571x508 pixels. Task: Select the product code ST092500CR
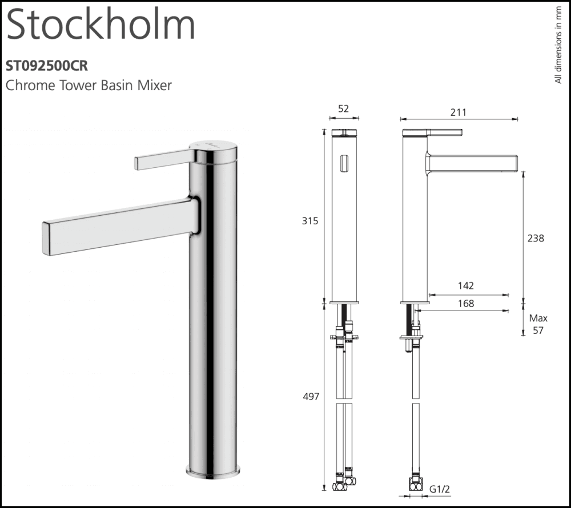tap(47, 66)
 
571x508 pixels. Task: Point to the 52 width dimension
tap(344, 108)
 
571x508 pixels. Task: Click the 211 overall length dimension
tap(458, 112)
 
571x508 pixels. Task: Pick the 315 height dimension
tap(310, 221)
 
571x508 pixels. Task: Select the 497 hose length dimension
tap(310, 396)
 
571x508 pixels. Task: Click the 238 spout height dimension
tap(536, 238)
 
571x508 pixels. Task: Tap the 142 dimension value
tap(465, 286)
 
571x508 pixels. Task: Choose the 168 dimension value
tap(465, 304)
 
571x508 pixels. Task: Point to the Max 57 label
tap(538, 324)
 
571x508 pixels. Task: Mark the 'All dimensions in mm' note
tap(558, 46)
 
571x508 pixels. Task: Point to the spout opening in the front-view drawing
tap(343, 164)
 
